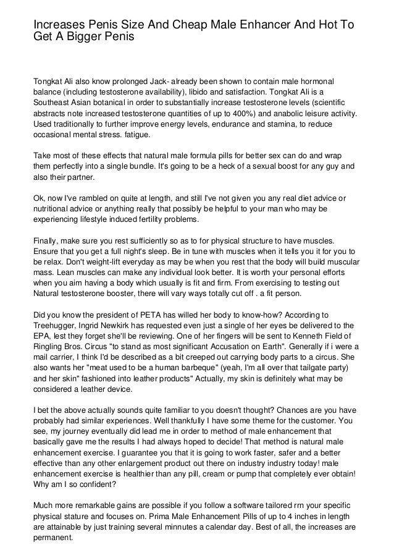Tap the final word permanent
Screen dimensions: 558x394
53,538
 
